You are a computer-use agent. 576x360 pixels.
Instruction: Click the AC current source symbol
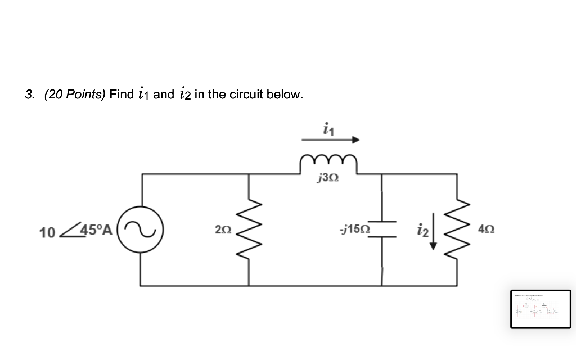tap(141, 230)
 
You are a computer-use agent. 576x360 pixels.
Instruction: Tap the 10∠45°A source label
tap(76, 231)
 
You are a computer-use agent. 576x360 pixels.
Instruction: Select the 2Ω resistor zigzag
tap(249, 230)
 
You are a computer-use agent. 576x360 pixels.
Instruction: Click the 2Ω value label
tap(223, 230)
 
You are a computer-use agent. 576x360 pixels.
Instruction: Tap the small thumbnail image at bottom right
tap(540, 309)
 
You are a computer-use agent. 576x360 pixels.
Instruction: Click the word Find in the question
tap(121, 94)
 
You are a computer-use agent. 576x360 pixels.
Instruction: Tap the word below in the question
tap(287, 94)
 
